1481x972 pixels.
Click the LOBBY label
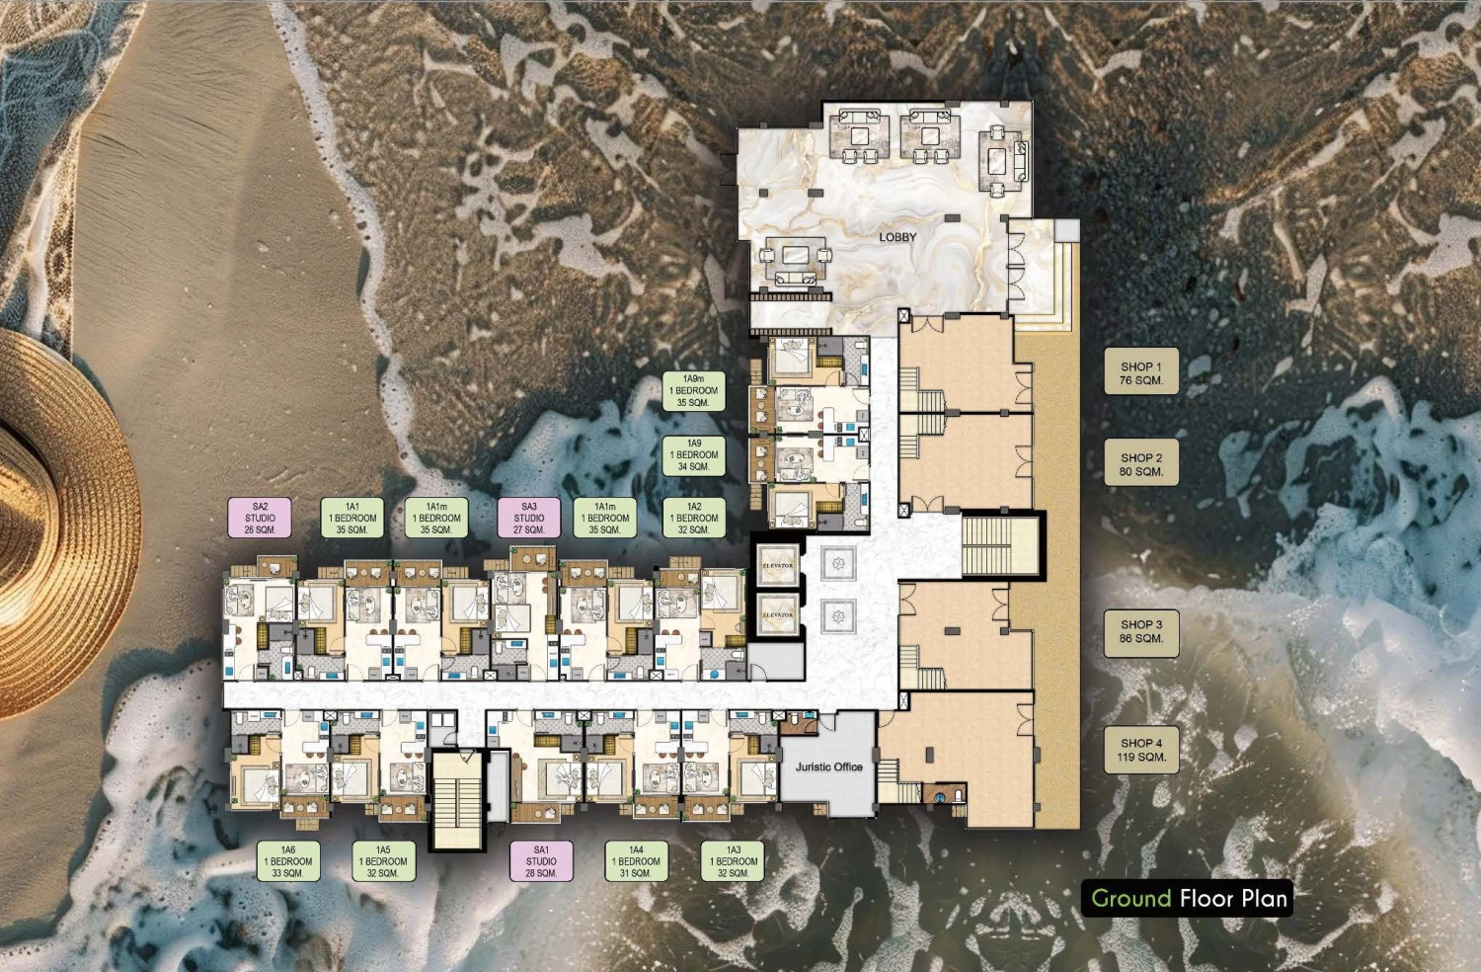tap(897, 237)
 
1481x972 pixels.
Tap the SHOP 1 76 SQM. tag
tap(1141, 371)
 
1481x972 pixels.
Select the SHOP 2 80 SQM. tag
tap(1141, 462)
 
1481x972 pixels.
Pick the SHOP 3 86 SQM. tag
tap(1141, 633)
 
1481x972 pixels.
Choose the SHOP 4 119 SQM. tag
tap(1141, 750)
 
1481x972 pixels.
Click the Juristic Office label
tap(828, 767)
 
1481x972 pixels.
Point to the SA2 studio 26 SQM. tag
tap(260, 518)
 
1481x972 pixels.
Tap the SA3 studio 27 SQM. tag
tap(529, 518)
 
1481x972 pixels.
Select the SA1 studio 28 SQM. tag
tap(541, 860)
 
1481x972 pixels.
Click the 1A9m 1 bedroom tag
tap(693, 390)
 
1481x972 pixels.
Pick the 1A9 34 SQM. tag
tap(693, 455)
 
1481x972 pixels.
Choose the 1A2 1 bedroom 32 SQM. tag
tap(693, 518)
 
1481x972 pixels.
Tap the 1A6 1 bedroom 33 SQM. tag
tap(288, 860)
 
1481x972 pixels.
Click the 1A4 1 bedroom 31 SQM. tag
tap(636, 860)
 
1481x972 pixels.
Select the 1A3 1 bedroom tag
tap(733, 860)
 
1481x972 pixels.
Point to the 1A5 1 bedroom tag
tap(383, 860)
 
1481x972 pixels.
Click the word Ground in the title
tap(1131, 899)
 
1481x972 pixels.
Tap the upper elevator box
tap(778, 565)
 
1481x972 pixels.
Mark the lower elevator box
tap(778, 614)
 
